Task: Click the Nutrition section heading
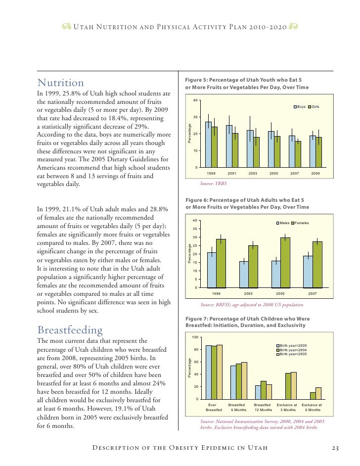tap(61, 83)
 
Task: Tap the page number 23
tap(335, 448)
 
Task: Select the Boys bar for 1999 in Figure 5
tap(208, 144)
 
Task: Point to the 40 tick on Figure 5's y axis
tap(196, 100)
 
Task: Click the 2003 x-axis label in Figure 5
tap(253, 174)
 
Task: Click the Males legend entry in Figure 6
tap(283, 223)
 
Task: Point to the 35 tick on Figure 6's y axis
tap(196, 229)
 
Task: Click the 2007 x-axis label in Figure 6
tap(313, 294)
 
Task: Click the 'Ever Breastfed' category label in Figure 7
tap(214, 407)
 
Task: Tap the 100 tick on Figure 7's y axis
tap(195, 337)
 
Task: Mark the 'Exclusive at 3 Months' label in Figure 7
tap(287, 407)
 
